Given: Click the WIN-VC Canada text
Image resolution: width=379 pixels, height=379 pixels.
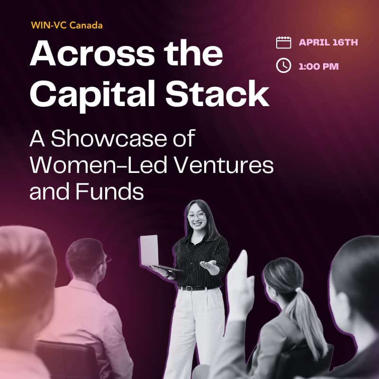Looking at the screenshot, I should tap(66, 25).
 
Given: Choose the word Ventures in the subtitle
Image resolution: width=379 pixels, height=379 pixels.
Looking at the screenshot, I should tap(226, 166).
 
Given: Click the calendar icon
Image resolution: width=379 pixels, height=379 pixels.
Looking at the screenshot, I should tap(283, 43).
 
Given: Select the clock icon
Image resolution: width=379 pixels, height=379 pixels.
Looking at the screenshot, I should tap(283, 66).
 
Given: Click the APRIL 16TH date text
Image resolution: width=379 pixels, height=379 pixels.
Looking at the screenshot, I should tap(328, 43).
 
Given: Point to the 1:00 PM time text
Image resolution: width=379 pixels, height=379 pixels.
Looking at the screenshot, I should tap(319, 66).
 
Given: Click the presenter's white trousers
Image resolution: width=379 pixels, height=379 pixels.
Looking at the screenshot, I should tap(194, 332).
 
